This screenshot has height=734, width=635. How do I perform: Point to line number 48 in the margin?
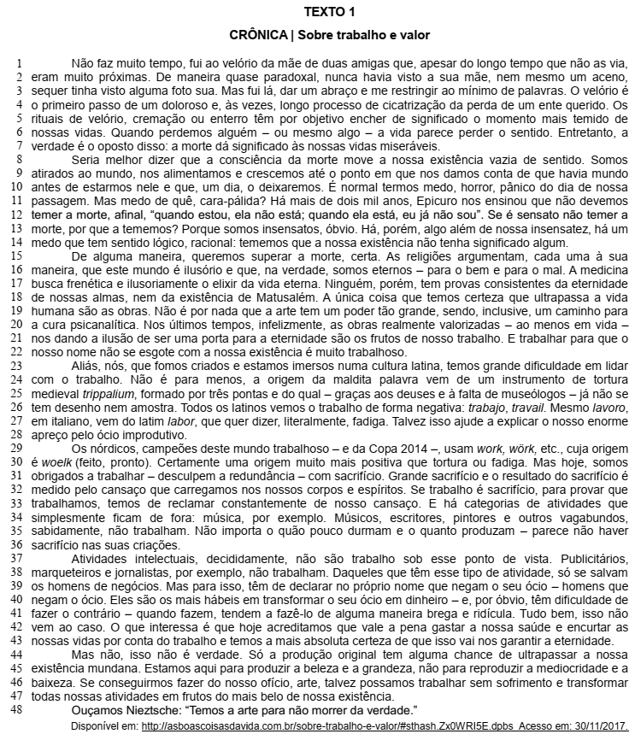[x=15, y=711]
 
